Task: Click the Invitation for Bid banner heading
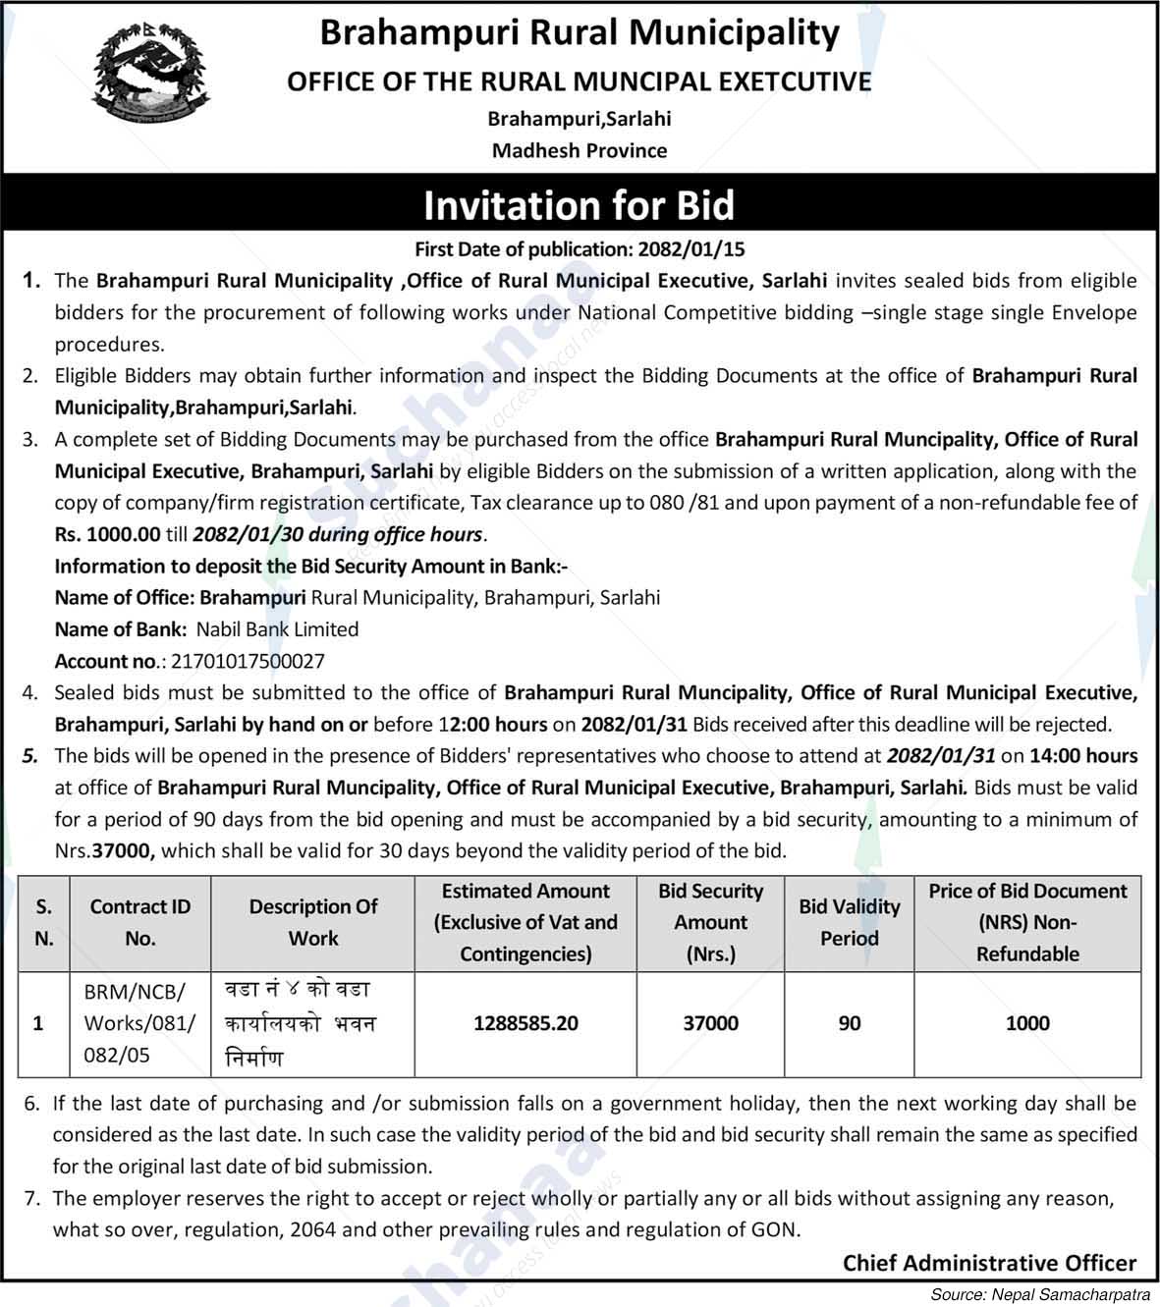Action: [579, 205]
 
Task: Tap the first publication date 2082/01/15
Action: [697, 249]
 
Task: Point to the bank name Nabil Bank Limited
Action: [277, 629]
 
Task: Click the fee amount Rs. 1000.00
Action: [107, 535]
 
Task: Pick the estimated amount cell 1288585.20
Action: [525, 1023]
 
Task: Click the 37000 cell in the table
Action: [710, 1023]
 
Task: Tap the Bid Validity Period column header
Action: [849, 922]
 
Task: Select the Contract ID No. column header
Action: [139, 922]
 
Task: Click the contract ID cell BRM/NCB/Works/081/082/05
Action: [139, 1023]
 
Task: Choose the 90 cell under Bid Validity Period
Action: [849, 1023]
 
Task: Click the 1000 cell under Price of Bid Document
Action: [1027, 1023]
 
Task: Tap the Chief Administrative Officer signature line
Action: [989, 1263]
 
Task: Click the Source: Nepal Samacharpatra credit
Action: [1042, 1295]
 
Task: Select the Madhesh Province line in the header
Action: [579, 151]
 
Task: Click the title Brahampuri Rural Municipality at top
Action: [580, 32]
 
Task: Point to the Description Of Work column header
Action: [312, 922]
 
